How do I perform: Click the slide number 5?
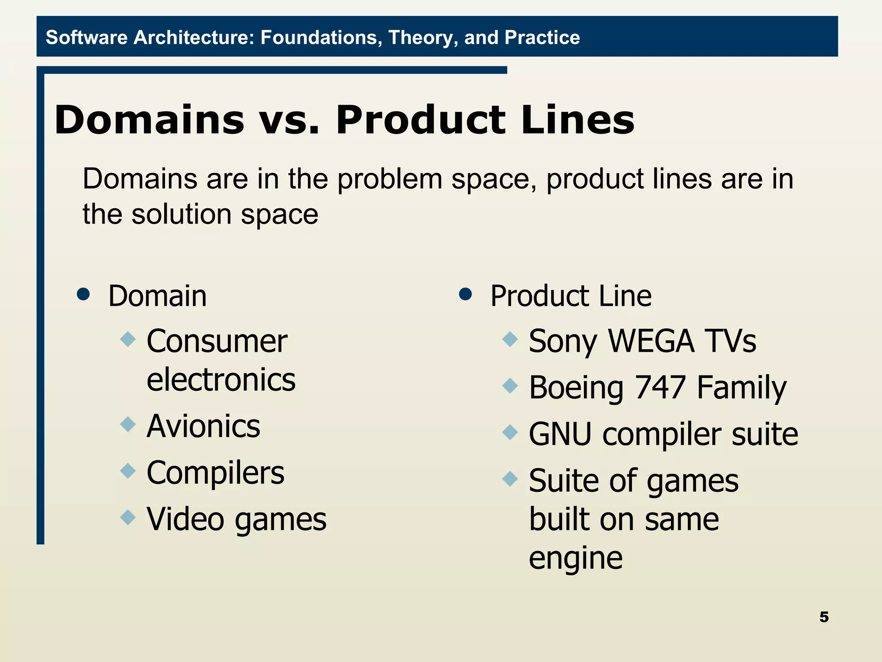pos(824,617)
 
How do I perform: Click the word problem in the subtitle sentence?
pos(389,179)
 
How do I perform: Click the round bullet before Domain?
pos(83,294)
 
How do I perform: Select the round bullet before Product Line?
pos(466,294)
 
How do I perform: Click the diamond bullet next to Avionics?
pos(128,424)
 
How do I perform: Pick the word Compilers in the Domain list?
pos(215,473)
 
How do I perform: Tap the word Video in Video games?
pos(185,519)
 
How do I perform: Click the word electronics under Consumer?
pos(221,380)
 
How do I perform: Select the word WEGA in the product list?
pos(651,341)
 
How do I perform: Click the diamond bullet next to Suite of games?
pos(510,478)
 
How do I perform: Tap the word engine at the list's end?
pos(575,558)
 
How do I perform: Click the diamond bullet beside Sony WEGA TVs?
pos(510,339)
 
